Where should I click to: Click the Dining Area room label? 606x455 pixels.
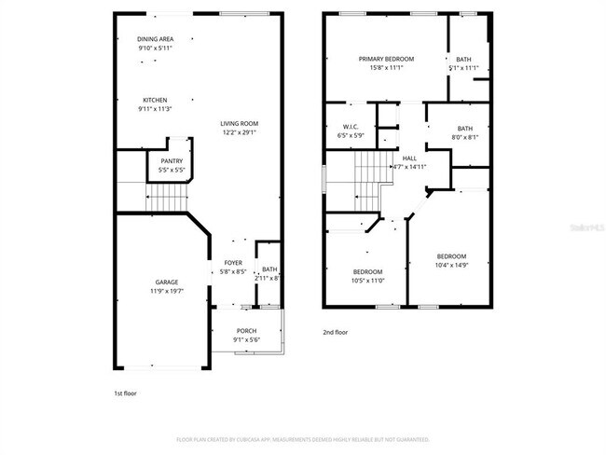tap(155, 39)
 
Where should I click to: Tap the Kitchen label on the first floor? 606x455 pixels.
tap(155, 100)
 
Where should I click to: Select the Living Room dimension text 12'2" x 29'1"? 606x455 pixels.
tap(240, 132)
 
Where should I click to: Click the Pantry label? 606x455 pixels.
tap(172, 161)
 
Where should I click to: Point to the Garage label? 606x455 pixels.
tap(167, 282)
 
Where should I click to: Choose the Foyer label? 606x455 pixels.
tap(233, 263)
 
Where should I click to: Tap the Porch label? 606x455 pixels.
tap(246, 331)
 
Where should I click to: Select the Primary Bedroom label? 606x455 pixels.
tap(386, 59)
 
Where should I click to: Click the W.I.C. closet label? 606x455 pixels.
tap(351, 127)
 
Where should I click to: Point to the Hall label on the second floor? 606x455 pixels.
tap(409, 159)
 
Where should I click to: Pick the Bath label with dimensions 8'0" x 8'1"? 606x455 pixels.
tap(465, 129)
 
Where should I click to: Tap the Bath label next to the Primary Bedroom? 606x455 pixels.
tap(463, 60)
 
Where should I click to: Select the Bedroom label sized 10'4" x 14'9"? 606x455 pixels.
tap(452, 256)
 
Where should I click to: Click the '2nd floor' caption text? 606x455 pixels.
tap(336, 331)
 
